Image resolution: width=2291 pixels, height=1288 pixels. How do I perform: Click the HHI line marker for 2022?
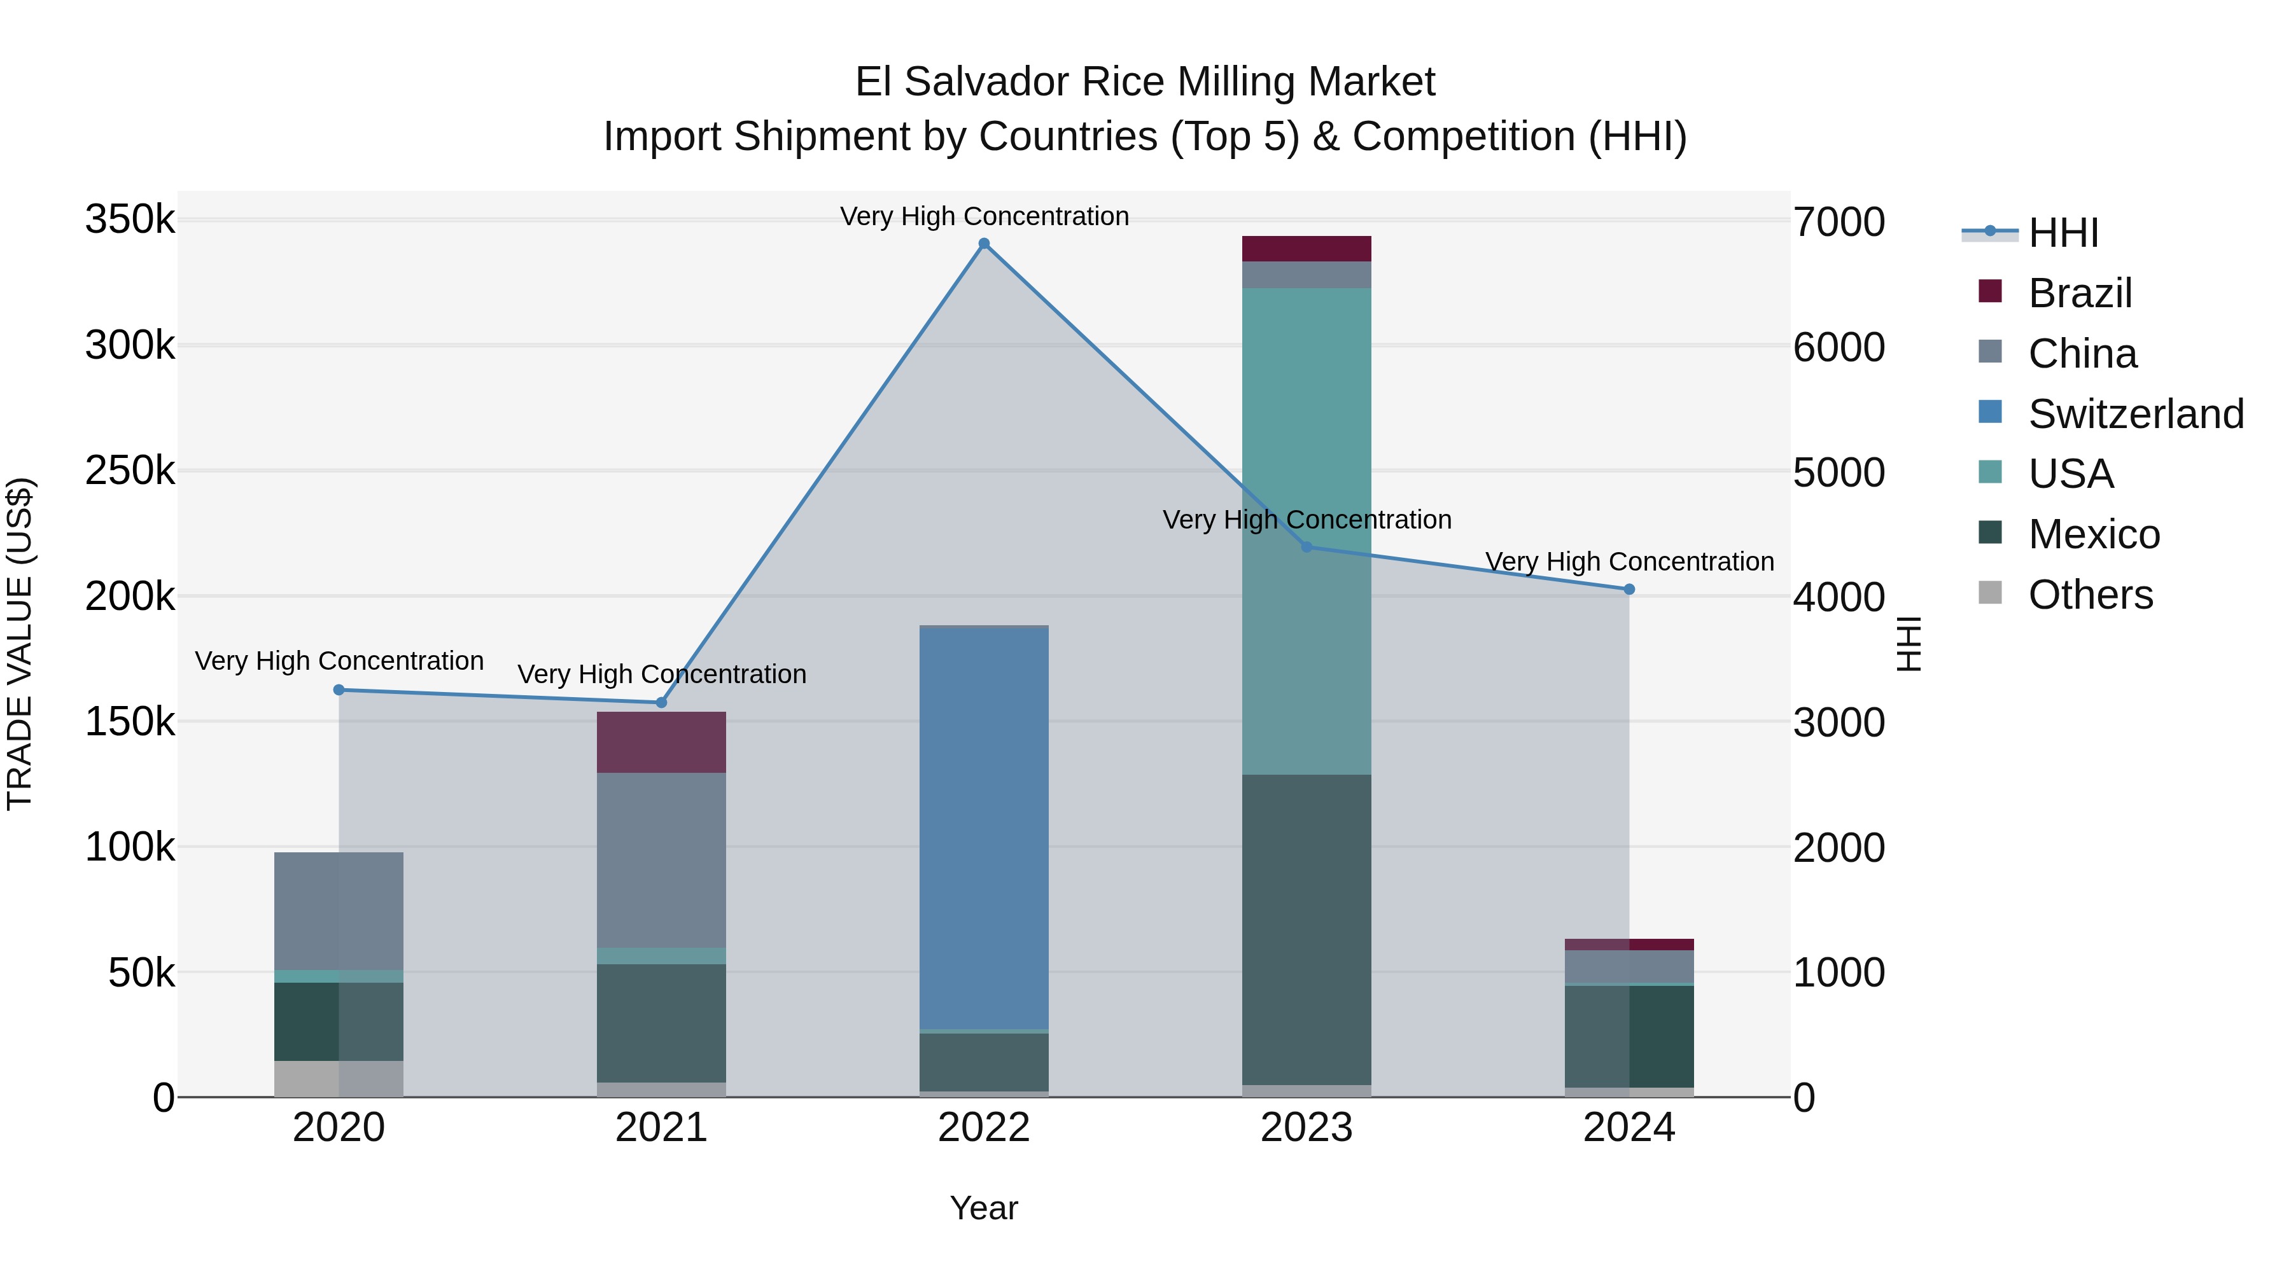tap(984, 244)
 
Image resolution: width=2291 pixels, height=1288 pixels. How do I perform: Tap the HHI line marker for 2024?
tap(1629, 590)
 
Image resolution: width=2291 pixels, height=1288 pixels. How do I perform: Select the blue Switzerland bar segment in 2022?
tap(984, 827)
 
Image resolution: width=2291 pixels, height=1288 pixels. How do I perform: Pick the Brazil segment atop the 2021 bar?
tap(661, 742)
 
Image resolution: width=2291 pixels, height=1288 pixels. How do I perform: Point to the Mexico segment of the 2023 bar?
tap(1307, 929)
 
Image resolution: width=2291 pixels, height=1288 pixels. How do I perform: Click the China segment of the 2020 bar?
tap(338, 910)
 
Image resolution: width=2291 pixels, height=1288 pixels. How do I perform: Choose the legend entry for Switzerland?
tap(2134, 414)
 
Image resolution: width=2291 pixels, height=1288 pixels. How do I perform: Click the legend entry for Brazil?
tap(2079, 293)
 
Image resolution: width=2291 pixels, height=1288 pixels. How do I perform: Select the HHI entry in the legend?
tap(2063, 233)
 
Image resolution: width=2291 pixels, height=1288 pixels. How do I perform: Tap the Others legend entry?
tap(2090, 595)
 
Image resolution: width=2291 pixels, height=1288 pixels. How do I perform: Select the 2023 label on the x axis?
tap(1307, 1128)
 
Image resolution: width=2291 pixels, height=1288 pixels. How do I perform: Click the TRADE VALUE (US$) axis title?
tap(20, 644)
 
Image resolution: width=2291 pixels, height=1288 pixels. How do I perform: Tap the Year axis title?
tap(984, 1208)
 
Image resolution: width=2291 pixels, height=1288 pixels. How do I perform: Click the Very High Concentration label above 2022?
tap(984, 216)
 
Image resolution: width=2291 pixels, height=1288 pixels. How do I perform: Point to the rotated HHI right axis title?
tap(1909, 644)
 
